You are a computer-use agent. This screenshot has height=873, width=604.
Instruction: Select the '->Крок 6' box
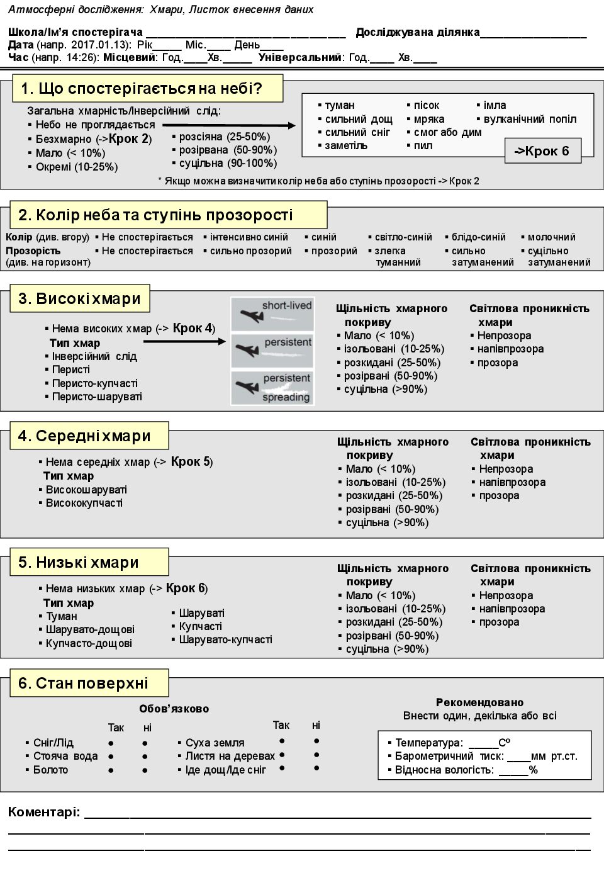point(542,151)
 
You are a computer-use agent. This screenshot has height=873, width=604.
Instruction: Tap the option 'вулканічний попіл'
point(530,119)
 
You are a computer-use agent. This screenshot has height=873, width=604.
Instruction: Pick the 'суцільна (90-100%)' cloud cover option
point(228,163)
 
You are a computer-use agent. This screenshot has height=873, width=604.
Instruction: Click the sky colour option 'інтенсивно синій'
point(249,237)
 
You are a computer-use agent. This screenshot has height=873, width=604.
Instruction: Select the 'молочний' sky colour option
point(551,237)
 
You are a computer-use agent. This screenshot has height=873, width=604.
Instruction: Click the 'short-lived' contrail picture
point(272,313)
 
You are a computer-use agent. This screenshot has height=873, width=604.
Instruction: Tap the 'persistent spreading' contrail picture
point(272,388)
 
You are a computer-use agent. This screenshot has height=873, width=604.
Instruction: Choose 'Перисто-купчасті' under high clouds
point(94,383)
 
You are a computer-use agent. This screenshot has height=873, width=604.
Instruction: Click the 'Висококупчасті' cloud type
point(84,503)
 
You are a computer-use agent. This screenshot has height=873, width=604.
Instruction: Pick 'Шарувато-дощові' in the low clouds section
point(90,629)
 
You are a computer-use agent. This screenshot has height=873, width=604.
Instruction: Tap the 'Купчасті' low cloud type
point(200,626)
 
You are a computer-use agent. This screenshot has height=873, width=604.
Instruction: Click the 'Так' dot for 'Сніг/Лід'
point(111,743)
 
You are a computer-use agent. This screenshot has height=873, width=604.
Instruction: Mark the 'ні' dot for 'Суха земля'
point(316,741)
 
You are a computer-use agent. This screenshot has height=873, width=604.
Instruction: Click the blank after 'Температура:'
point(483,743)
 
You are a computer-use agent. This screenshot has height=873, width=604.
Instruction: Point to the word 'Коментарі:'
point(44,812)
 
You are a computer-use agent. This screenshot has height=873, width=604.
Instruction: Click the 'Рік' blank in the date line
point(167,46)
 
